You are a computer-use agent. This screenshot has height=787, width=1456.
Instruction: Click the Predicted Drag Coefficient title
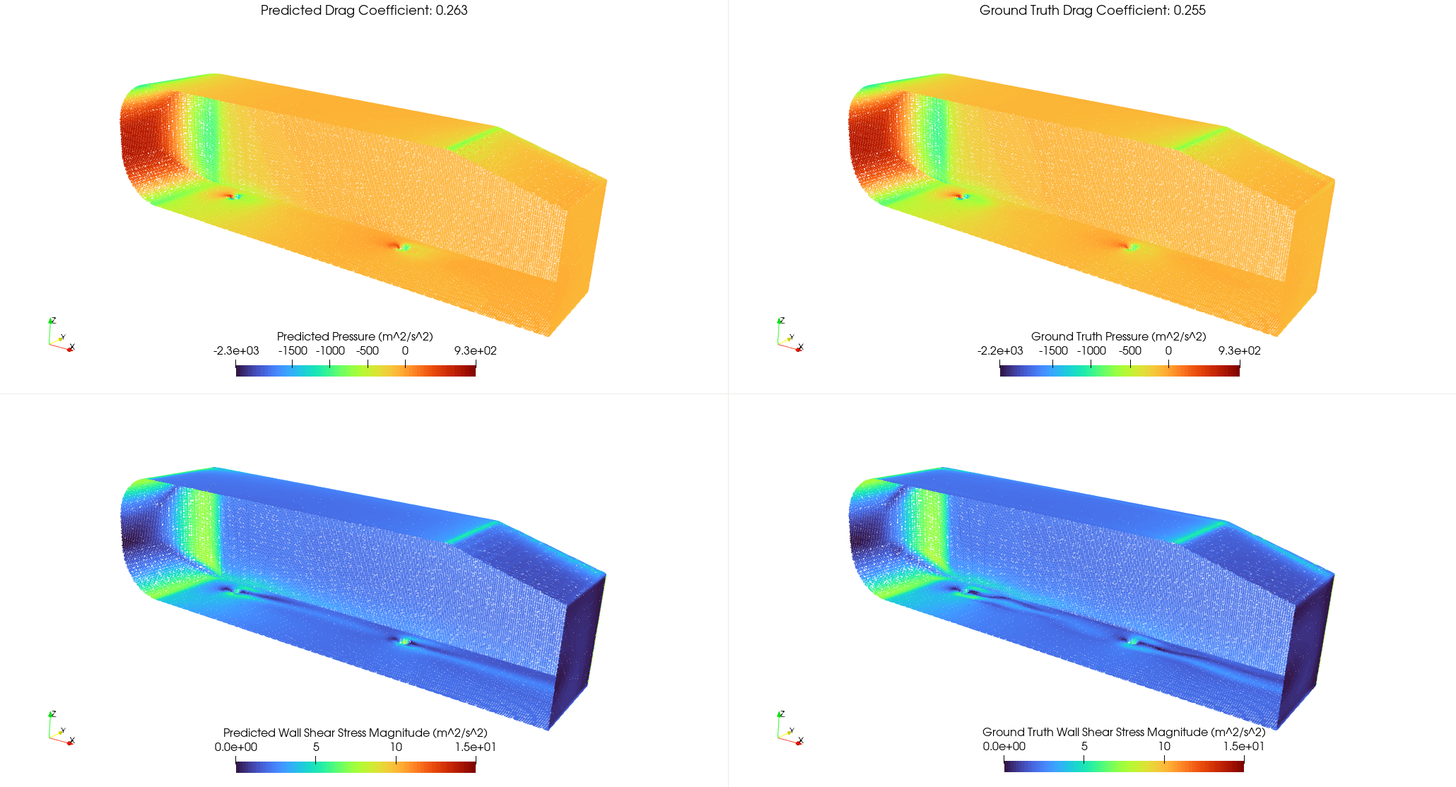364,11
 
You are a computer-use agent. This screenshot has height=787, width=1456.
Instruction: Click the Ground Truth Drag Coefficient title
1092,11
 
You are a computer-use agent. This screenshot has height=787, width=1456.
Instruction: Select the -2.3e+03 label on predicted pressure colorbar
236,351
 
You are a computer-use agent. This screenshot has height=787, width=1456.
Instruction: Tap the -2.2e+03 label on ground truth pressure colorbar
1000,351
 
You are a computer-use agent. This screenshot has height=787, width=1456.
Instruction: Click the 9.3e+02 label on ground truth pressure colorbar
1239,351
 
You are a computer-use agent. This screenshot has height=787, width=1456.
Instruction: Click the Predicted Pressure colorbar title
355,336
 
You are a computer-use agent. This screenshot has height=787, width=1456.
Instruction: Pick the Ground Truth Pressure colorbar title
1118,336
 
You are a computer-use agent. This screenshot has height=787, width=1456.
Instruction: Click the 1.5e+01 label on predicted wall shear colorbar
475,747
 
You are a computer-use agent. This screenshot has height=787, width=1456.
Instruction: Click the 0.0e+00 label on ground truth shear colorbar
1004,747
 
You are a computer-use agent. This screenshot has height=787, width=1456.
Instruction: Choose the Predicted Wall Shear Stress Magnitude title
355,733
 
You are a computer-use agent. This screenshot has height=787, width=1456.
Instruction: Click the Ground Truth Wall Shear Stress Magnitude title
1124,732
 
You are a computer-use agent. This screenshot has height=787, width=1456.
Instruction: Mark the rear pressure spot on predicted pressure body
404,247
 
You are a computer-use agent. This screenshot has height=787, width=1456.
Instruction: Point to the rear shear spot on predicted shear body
404,641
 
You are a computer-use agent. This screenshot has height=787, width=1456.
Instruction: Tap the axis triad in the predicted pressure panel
60,336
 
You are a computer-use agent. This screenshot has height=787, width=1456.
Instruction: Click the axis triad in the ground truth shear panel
789,729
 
